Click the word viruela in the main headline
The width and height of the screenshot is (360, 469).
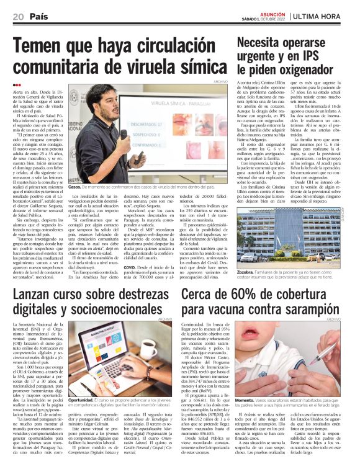pyautogui.click(x=143, y=67)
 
